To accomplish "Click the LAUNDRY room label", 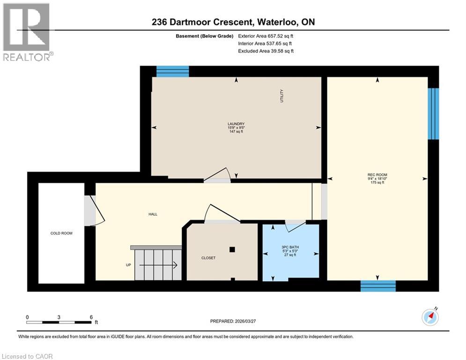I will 236,124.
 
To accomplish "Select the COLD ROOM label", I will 61,233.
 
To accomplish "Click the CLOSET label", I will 208,258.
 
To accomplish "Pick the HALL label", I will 153,214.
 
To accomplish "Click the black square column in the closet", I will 232,249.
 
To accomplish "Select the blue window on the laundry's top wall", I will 172,71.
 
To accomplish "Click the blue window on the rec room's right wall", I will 434,113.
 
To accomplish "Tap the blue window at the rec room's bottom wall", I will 377,286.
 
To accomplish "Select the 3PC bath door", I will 295,225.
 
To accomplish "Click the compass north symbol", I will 430,317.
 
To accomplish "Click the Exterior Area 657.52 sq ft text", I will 266,36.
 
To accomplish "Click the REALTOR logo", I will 27,31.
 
